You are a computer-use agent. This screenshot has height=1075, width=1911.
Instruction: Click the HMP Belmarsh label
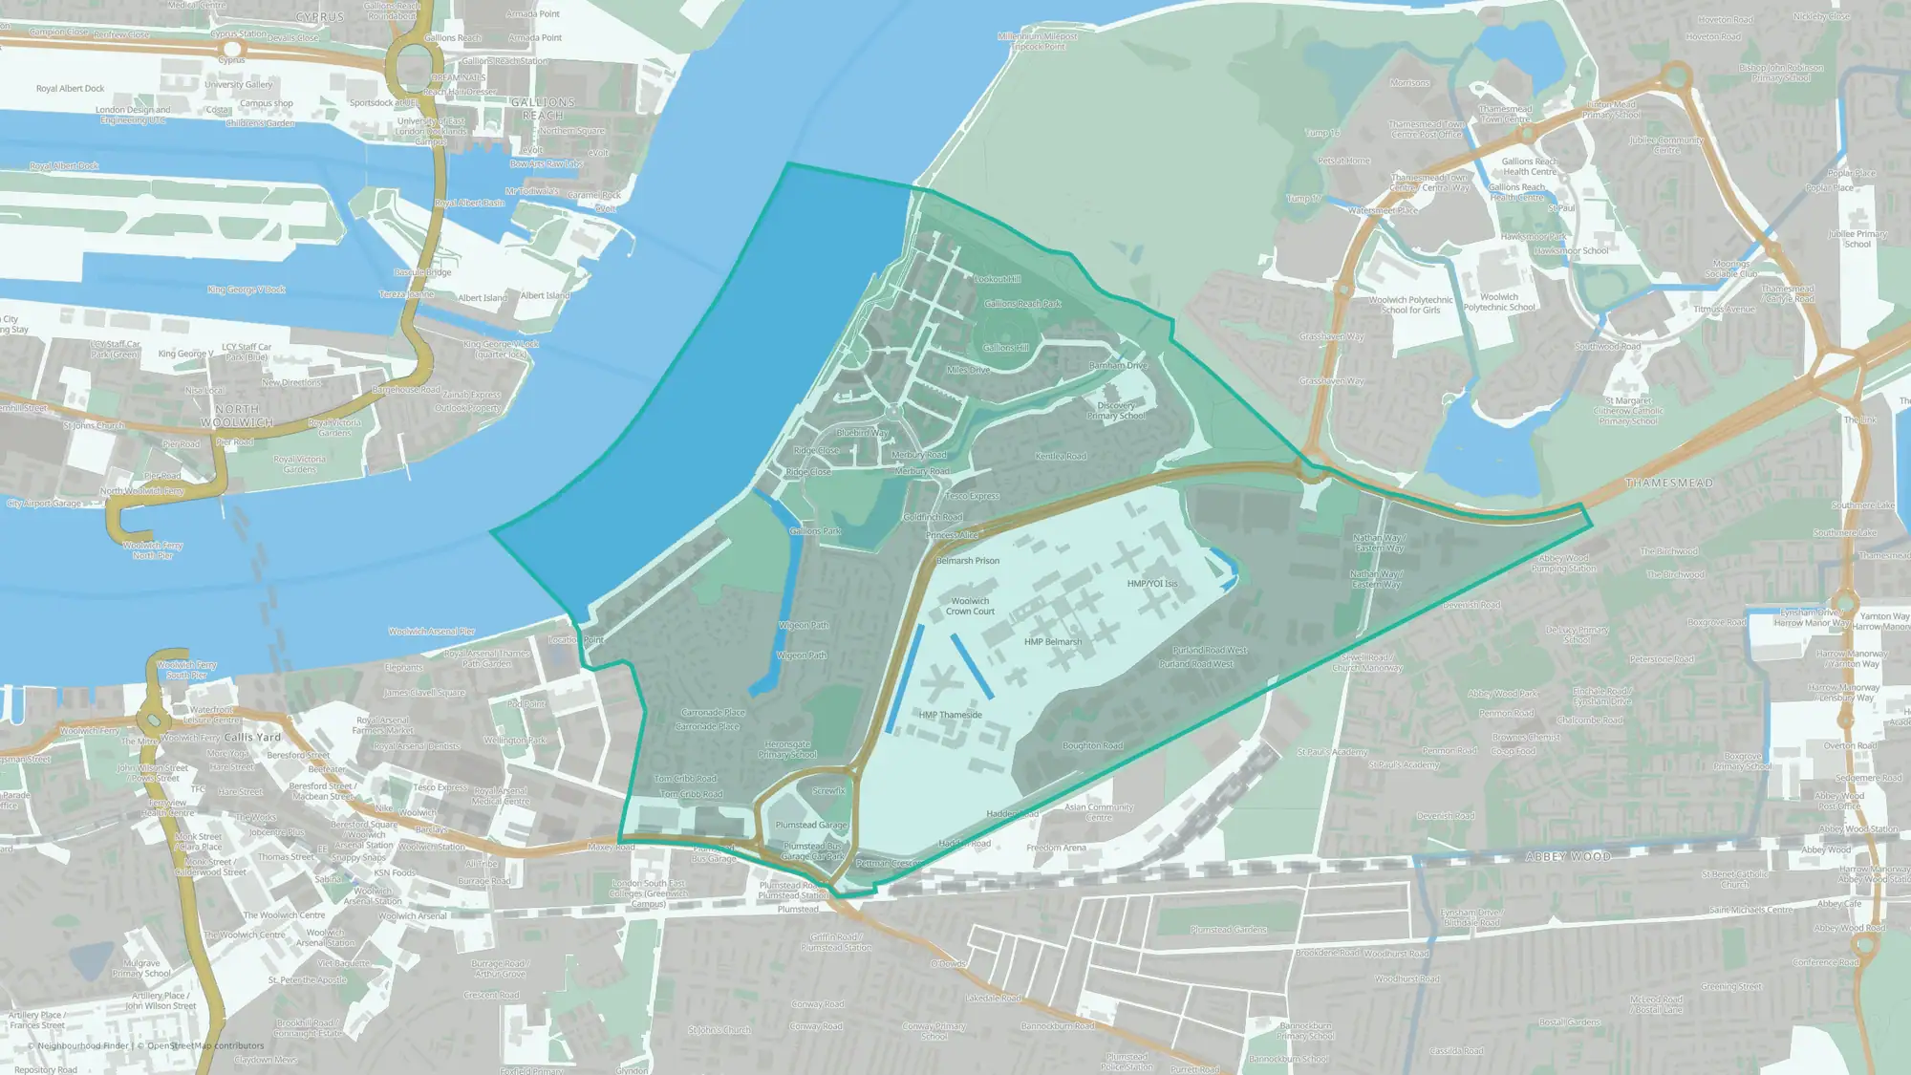click(1053, 642)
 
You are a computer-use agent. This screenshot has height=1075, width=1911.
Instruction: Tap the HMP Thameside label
click(950, 715)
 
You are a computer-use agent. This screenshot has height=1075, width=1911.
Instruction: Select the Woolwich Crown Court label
click(970, 607)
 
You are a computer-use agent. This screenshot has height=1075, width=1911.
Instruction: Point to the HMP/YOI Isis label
click(1151, 584)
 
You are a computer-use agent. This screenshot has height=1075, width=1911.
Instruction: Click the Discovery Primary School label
click(1116, 411)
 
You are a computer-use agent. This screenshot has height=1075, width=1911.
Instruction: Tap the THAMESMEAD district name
click(1668, 484)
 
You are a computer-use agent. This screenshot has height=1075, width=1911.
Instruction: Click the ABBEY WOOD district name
click(1568, 856)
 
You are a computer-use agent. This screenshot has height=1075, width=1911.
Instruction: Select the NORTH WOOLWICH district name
click(237, 416)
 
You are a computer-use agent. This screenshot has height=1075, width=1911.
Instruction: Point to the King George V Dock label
click(247, 290)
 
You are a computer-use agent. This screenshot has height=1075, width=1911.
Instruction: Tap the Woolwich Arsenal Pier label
click(431, 632)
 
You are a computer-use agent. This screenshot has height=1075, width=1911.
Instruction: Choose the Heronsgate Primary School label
click(787, 750)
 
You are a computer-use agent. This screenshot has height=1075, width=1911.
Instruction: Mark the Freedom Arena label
click(1056, 848)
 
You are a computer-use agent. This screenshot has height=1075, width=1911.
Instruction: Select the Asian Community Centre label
click(1099, 812)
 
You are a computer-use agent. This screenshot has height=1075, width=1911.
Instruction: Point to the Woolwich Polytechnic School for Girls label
click(1410, 305)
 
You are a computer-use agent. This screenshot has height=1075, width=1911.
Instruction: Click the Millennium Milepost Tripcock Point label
click(1038, 41)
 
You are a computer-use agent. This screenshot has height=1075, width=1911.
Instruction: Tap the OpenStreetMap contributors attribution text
click(205, 1045)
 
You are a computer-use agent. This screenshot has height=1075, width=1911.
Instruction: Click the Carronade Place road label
click(713, 713)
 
